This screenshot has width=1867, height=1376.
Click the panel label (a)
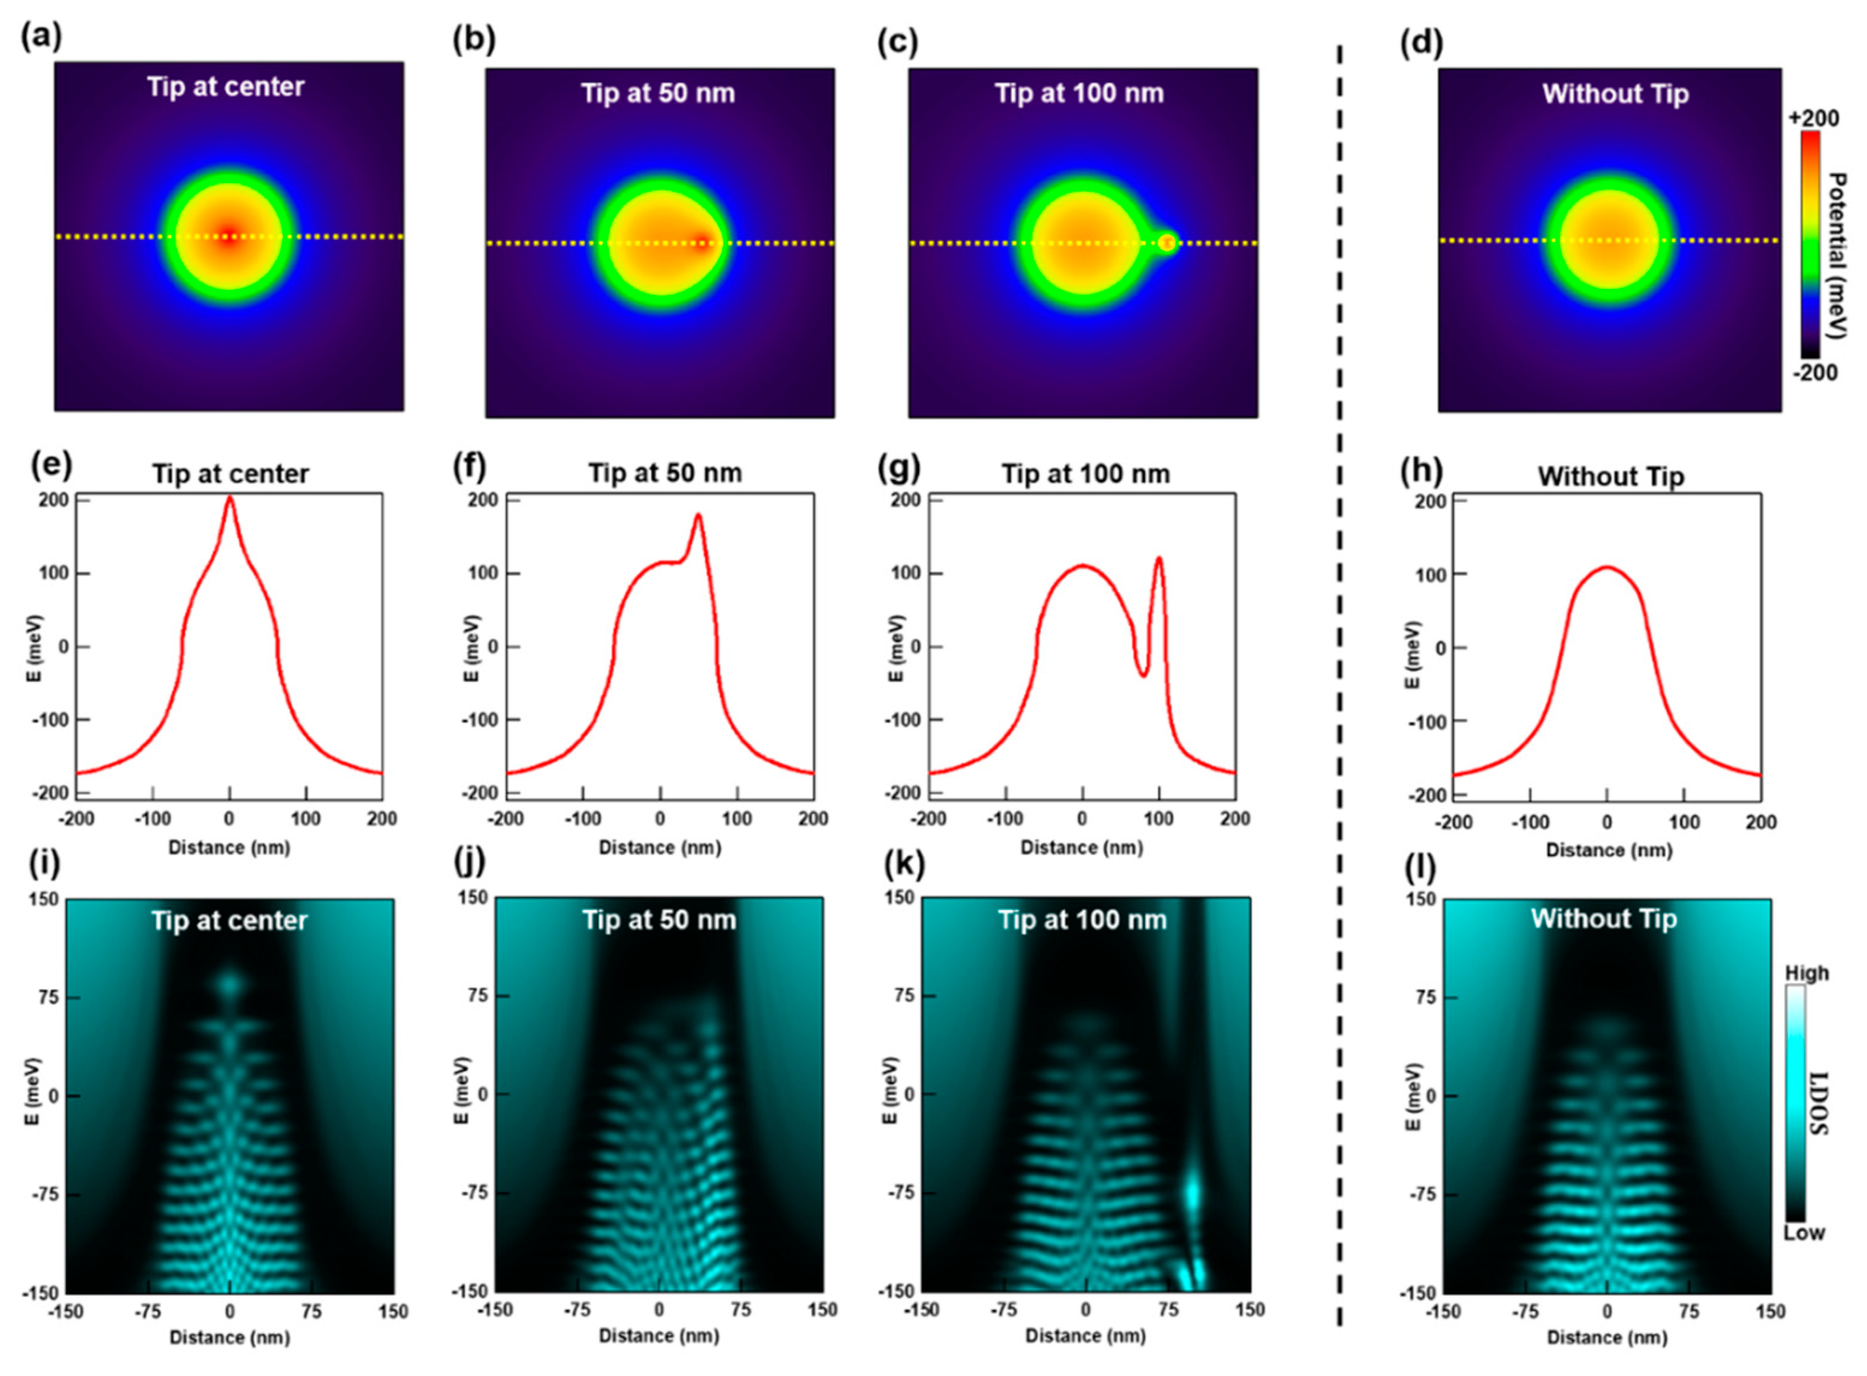pyautogui.click(x=41, y=37)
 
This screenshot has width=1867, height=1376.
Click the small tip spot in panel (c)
pyautogui.click(x=1166, y=243)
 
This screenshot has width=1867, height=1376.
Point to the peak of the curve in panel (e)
pyautogui.click(x=230, y=497)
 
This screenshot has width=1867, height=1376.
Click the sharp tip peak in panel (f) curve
pyautogui.click(x=698, y=515)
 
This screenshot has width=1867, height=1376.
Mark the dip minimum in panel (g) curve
pyautogui.click(x=1144, y=674)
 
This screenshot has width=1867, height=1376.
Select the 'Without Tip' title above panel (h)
pyautogui.click(x=1610, y=476)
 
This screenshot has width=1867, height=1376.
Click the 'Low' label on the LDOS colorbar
pyautogui.click(x=1804, y=1232)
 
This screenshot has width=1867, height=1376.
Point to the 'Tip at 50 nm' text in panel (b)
pyautogui.click(x=657, y=92)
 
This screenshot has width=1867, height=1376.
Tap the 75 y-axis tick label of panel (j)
pyautogui.click(x=479, y=995)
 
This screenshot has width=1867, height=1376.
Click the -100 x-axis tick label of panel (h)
pyautogui.click(x=1530, y=822)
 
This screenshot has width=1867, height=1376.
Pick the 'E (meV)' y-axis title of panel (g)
pyautogui.click(x=897, y=647)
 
